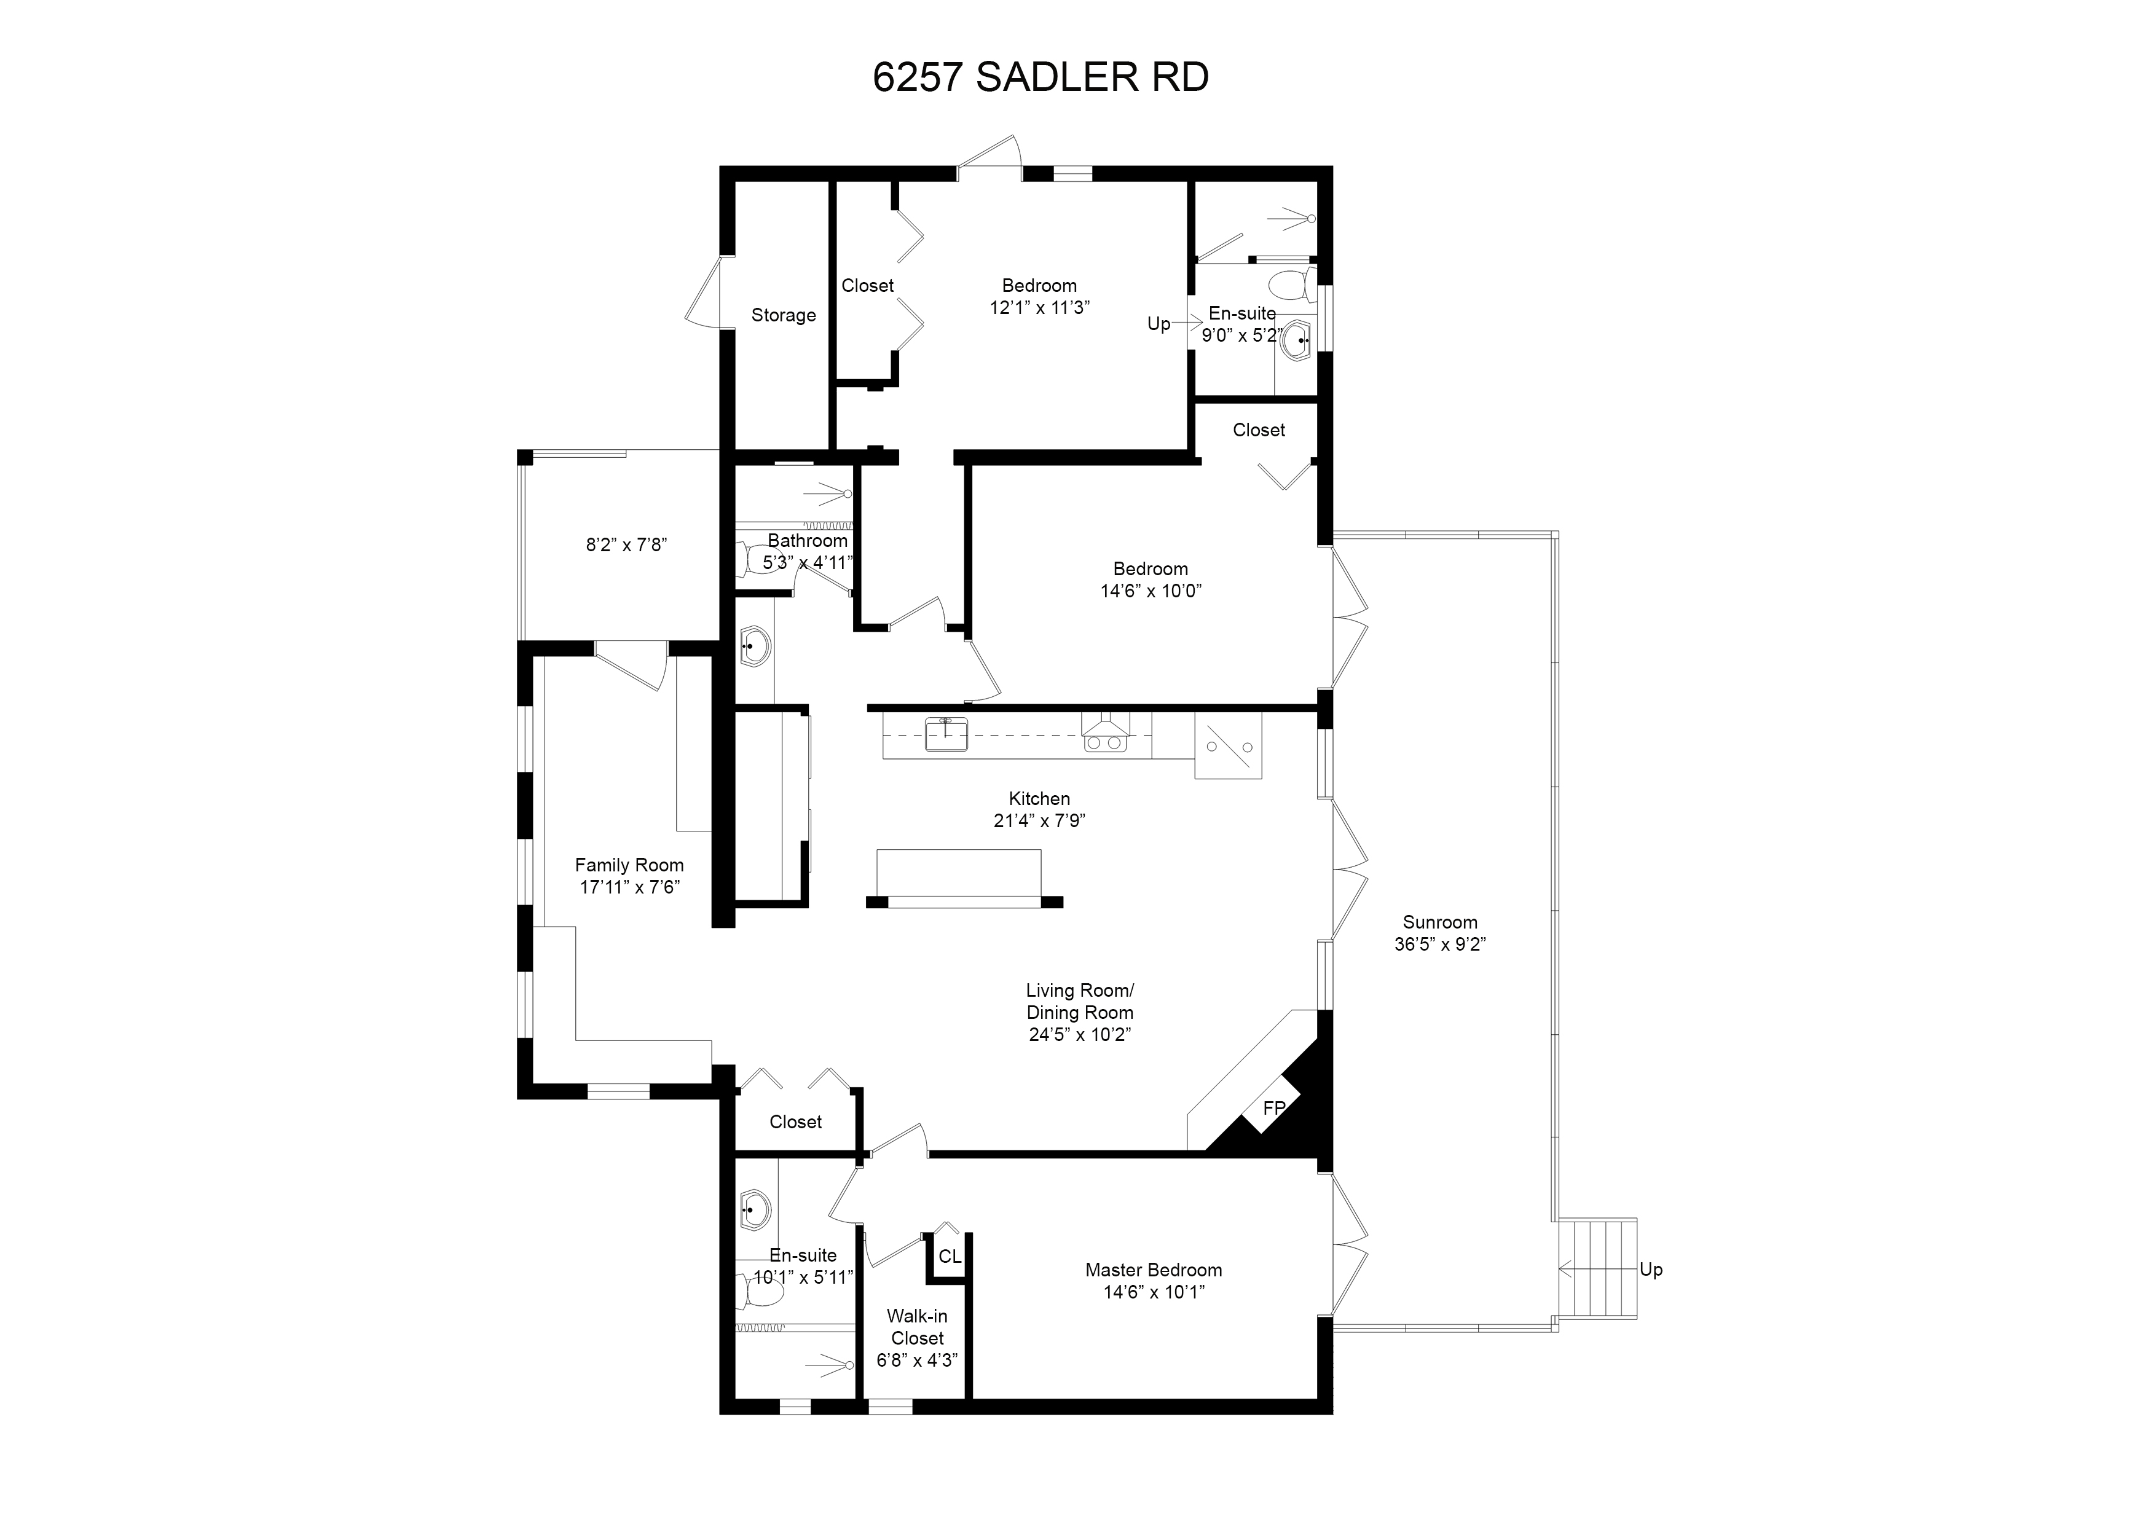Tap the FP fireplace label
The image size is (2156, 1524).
click(x=1274, y=1108)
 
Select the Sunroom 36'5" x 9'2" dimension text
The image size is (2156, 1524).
click(x=1439, y=945)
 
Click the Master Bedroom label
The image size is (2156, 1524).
click(x=1154, y=1270)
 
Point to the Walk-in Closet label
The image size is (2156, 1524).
click(x=918, y=1327)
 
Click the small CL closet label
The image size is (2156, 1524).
click(x=950, y=1257)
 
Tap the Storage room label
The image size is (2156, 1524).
click(x=783, y=315)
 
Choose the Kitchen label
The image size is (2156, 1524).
click(x=1039, y=798)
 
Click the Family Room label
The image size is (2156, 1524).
click(x=629, y=865)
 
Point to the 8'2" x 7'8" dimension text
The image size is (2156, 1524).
click(x=626, y=544)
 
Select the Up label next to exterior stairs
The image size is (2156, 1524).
click(x=1651, y=1270)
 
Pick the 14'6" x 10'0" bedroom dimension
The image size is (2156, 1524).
click(x=1151, y=591)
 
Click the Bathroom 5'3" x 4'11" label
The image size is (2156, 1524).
click(x=808, y=551)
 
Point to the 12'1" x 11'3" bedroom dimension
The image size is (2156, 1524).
click(x=1039, y=307)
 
